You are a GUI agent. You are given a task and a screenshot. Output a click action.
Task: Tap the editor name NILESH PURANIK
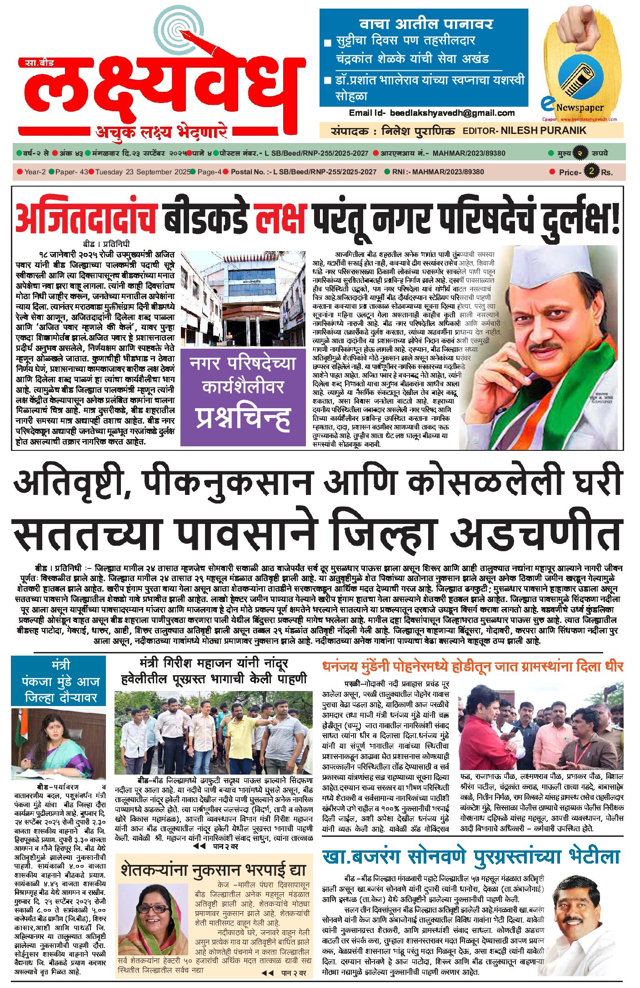pyautogui.click(x=543, y=131)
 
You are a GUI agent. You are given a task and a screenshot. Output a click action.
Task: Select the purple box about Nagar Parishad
pyautogui.click(x=243, y=397)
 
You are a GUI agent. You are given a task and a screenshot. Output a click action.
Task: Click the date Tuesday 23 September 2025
pyautogui.click(x=143, y=172)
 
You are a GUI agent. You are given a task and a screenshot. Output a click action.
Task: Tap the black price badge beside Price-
pyautogui.click(x=591, y=171)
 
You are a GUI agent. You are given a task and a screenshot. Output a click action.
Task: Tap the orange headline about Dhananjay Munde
pyautogui.click(x=472, y=667)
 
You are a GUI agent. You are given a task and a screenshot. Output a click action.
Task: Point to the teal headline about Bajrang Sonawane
pyautogui.click(x=470, y=856)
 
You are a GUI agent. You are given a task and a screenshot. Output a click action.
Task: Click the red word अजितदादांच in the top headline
pyautogui.click(x=86, y=218)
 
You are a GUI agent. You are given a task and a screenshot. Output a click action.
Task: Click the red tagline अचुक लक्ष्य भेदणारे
pyautogui.click(x=161, y=132)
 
